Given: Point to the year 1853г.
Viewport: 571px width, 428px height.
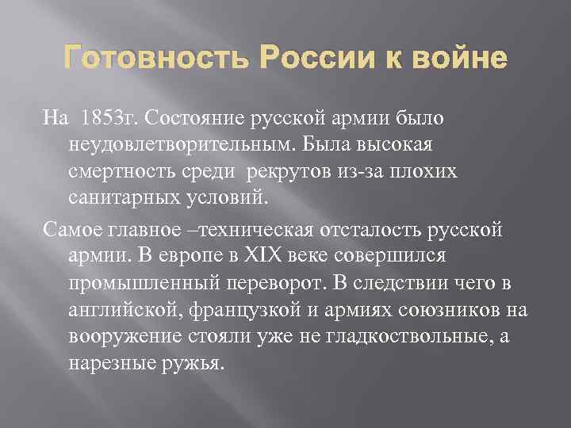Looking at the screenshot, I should coord(104,119).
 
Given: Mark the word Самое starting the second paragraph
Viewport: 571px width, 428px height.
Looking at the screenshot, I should coord(71,230).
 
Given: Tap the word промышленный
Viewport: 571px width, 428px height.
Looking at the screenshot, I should coord(142,282).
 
